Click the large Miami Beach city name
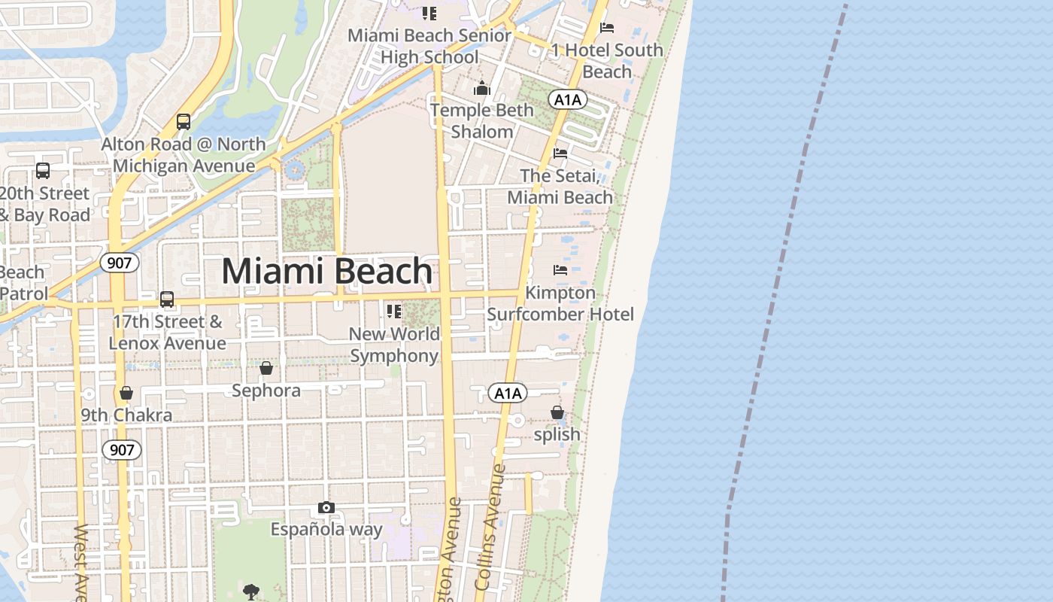[327, 271]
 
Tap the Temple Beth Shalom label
[482, 120]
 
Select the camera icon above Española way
[326, 507]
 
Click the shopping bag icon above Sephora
[266, 368]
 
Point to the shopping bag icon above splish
[557, 412]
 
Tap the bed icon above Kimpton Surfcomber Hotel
[560, 269]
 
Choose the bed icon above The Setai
[560, 153]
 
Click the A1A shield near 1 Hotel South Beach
[567, 99]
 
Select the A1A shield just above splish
[508, 393]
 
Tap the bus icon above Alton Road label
[183, 121]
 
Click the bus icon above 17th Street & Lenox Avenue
[167, 299]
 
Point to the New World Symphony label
[395, 345]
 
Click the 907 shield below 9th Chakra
[121, 450]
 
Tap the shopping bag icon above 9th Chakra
[126, 393]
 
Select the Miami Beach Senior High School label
[429, 46]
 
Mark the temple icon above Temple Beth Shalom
[482, 89]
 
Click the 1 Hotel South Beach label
[607, 60]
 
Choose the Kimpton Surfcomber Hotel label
[560, 303]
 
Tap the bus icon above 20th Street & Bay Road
[43, 171]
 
